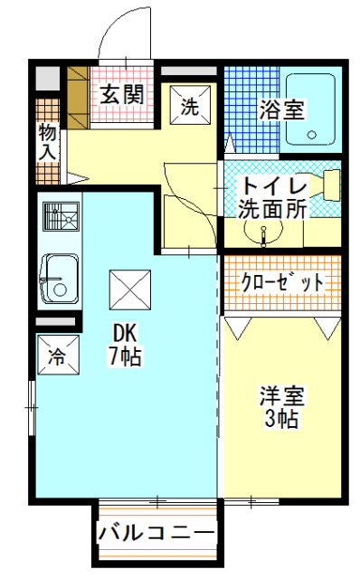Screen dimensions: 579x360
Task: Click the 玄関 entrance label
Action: tap(121, 94)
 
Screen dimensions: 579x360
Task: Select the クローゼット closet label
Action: tap(281, 282)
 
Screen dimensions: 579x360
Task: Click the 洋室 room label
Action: tap(281, 397)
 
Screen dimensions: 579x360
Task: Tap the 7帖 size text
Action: tap(126, 356)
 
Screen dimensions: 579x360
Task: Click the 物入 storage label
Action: tap(48, 142)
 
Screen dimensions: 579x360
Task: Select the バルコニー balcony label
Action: tap(156, 533)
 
